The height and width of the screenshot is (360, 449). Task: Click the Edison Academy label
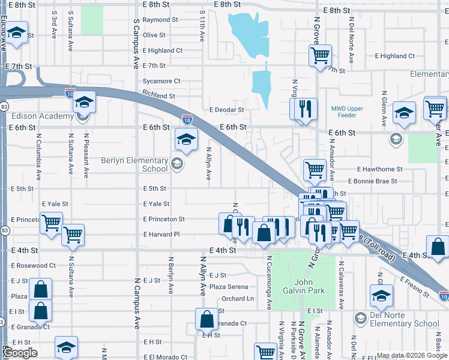pos(37,116)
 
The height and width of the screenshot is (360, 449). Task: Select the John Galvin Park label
pos(309,286)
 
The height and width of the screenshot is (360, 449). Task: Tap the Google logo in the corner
pos(20,353)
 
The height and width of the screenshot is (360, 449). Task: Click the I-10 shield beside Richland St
pos(70,93)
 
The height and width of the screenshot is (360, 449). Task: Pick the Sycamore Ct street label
pos(161,81)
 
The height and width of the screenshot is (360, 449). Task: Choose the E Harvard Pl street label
pos(161,235)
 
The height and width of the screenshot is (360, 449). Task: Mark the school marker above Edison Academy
pos(85,102)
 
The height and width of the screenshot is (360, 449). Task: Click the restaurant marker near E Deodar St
pos(303,109)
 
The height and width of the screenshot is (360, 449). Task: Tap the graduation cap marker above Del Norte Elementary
pos(381,295)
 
